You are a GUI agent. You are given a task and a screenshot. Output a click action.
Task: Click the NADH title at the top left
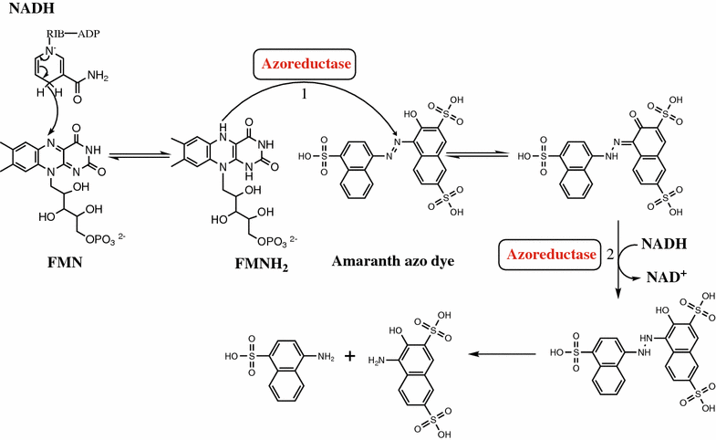pyautogui.click(x=26, y=10)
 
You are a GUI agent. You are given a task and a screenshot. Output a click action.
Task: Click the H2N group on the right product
pyautogui.click(x=375, y=361)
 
